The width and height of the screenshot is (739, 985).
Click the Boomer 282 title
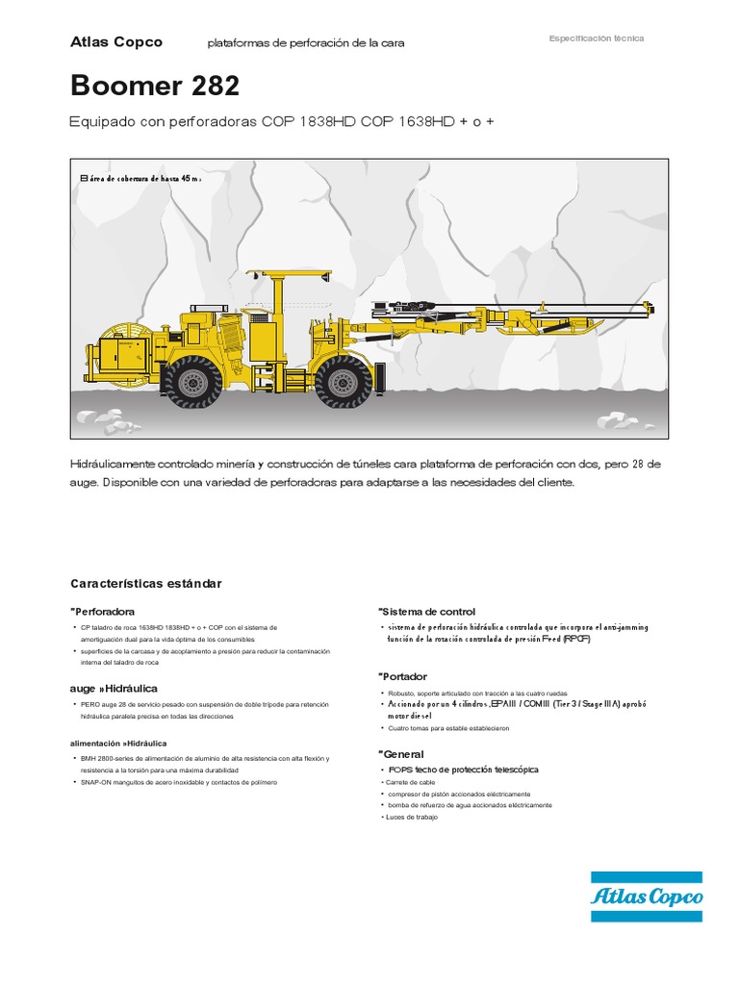click(x=154, y=86)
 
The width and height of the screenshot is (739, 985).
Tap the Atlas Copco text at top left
click(x=116, y=41)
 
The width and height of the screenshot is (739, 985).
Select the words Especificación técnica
click(x=596, y=38)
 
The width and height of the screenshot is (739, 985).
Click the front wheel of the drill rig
click(x=343, y=380)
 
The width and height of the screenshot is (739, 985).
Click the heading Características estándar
click(x=145, y=584)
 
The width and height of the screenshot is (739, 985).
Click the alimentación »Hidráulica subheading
click(x=118, y=744)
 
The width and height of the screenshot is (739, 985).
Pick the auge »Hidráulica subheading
click(x=114, y=689)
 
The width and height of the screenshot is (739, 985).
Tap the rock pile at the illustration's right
click(x=618, y=419)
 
